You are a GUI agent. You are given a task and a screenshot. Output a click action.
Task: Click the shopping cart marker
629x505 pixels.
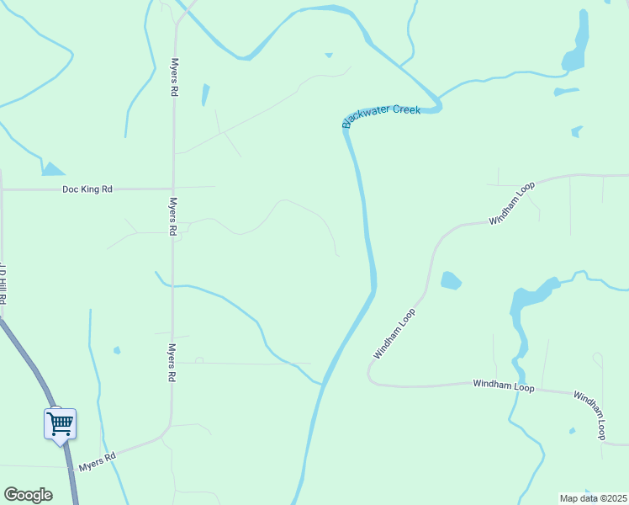(60, 423)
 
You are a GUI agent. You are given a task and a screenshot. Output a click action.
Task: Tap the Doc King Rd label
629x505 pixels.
(87, 189)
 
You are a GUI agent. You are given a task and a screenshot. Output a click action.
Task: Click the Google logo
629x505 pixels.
(28, 494)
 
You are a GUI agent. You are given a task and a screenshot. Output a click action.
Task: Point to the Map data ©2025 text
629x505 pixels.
(594, 497)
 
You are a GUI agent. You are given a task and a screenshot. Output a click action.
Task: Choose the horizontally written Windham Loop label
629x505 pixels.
(503, 385)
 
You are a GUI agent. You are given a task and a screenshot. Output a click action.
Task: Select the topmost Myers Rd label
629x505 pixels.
(174, 77)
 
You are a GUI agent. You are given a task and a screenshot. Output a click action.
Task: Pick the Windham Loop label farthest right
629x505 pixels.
(589, 415)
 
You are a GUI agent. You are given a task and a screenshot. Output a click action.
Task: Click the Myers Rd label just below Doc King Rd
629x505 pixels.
(172, 217)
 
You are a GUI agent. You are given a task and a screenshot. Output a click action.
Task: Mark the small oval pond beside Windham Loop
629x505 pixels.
(451, 280)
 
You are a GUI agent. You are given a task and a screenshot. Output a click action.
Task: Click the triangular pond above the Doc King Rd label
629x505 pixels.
(52, 169)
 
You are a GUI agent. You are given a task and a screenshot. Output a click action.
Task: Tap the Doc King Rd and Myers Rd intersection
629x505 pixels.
(172, 189)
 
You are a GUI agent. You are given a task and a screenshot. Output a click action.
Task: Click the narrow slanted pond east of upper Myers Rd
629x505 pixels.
(205, 94)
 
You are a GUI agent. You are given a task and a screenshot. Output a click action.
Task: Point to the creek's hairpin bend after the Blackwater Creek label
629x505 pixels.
(436, 105)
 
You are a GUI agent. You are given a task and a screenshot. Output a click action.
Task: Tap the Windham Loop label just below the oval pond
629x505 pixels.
(395, 333)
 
